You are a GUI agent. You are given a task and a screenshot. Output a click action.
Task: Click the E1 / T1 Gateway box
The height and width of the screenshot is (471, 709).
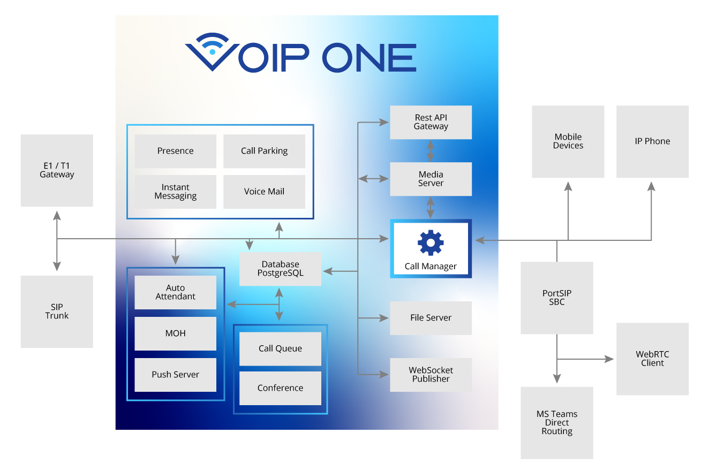(x=57, y=170)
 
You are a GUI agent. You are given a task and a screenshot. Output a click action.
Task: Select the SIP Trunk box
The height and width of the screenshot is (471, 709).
(x=57, y=312)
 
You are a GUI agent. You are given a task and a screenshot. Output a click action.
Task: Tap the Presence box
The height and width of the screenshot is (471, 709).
(x=175, y=151)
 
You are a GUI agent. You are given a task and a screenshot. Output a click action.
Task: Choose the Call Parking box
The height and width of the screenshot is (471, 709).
(x=264, y=151)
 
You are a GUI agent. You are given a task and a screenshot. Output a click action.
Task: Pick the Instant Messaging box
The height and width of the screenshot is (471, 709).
(x=175, y=192)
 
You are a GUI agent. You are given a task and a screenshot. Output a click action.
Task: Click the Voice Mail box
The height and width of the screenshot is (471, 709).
(x=264, y=192)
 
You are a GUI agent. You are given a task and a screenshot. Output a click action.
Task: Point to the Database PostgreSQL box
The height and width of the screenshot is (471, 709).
(x=280, y=269)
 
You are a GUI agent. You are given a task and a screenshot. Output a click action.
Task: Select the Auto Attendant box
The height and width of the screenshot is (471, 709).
(x=175, y=292)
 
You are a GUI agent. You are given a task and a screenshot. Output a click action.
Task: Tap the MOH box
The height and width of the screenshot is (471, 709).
(x=175, y=333)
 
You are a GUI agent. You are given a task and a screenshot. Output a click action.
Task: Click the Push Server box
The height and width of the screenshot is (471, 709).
(x=175, y=375)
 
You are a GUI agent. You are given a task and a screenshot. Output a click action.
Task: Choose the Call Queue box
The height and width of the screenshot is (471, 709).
(x=280, y=348)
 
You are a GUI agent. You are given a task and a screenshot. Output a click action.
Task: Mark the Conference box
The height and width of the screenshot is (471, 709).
(x=280, y=388)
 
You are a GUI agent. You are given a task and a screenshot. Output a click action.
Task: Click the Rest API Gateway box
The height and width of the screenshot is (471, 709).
(x=431, y=122)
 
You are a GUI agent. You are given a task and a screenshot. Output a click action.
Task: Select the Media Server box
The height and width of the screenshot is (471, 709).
(x=431, y=179)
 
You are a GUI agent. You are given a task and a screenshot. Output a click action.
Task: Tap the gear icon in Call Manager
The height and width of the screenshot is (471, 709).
(x=431, y=243)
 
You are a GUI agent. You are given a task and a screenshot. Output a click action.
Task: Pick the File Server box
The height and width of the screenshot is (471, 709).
(x=431, y=318)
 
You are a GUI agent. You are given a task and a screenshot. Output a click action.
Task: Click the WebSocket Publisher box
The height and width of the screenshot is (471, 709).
(x=431, y=375)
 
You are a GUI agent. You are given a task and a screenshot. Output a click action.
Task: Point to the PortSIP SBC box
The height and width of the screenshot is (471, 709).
(x=557, y=298)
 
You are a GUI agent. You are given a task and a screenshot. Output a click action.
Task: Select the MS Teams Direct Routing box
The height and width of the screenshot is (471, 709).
(x=557, y=423)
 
